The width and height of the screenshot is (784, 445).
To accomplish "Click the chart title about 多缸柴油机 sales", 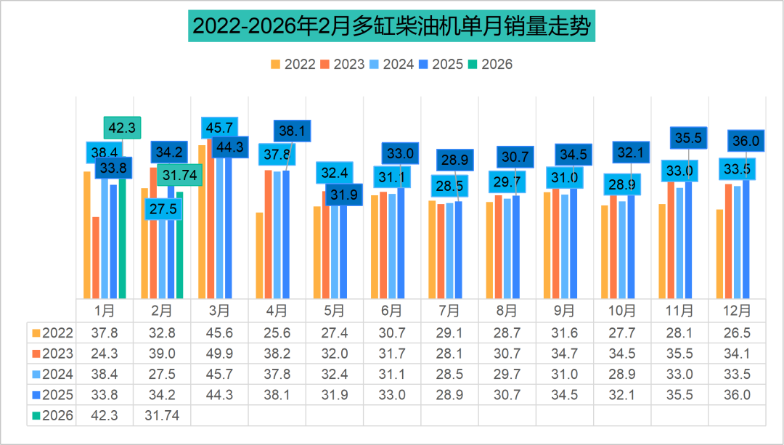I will [x=392, y=27].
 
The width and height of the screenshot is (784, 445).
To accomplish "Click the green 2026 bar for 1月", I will [x=122, y=240].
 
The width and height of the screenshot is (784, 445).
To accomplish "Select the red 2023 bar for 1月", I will [x=96, y=258].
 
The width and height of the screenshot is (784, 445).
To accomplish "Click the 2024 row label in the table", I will [x=52, y=375].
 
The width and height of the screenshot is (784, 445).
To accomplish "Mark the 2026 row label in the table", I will [x=52, y=416].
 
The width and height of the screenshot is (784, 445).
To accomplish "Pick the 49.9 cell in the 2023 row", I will [x=219, y=354].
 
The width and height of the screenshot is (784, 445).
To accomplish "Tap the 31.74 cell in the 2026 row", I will [x=161, y=416].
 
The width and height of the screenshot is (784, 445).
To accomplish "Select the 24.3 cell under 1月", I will [x=105, y=354].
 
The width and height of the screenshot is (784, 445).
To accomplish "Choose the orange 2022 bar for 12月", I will [x=719, y=254].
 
